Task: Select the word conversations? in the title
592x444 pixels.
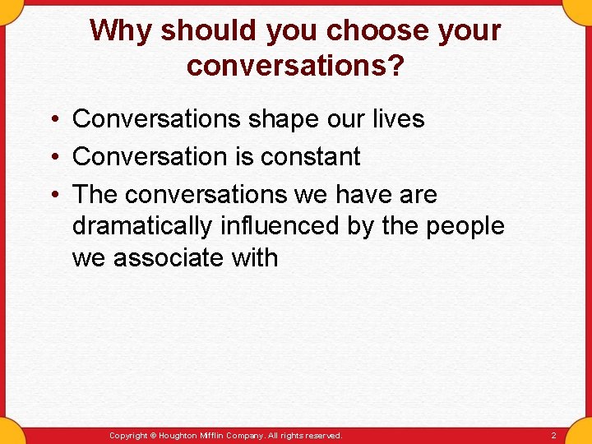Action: pos(295,66)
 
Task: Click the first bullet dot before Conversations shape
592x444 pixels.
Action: pos(52,119)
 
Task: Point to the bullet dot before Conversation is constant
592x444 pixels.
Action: pos(52,156)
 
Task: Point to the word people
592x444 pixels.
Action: pos(465,226)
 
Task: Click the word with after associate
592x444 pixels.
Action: pos(256,258)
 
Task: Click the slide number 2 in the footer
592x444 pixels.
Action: pos(553,435)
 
